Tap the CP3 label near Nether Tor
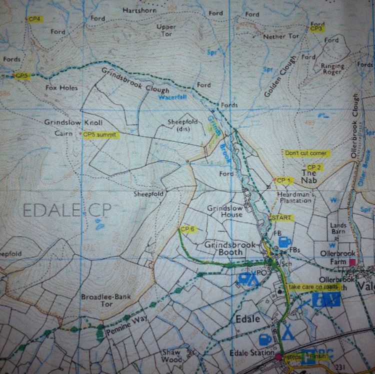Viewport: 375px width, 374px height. pos(316,29)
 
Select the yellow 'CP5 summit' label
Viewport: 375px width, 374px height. pos(100,135)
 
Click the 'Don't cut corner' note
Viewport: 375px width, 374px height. pos(305,153)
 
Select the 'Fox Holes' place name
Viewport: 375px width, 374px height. pos(62,88)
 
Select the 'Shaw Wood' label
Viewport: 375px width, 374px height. pos(171,356)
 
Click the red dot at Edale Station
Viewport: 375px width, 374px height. pos(278,357)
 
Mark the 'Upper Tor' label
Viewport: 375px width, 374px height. pos(166,30)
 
